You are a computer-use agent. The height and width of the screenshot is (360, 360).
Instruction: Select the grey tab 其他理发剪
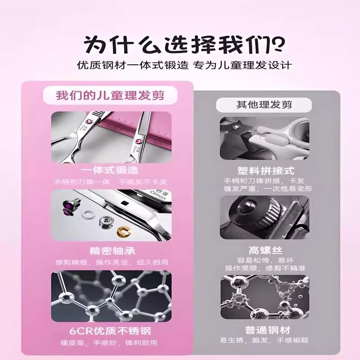point(264,104)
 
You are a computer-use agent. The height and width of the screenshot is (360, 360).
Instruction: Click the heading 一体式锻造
point(110,171)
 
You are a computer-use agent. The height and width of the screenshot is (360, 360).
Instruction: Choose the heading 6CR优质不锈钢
point(110,332)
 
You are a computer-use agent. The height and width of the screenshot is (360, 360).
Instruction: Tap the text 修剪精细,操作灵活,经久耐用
point(110,262)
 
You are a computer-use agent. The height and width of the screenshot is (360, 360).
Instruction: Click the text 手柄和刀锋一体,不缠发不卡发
point(110,182)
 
